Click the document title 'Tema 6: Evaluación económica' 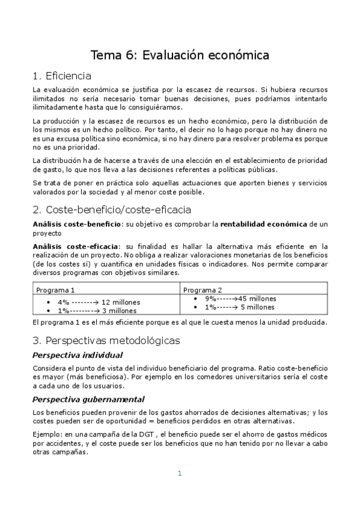(180, 55)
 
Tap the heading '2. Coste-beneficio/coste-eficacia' (112, 210)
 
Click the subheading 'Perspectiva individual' (78, 355)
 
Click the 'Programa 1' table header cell (56, 289)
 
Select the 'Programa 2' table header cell (203, 289)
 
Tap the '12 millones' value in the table (120, 302)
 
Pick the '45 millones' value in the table (257, 298)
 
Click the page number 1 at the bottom (179, 473)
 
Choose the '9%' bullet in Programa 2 (210, 298)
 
